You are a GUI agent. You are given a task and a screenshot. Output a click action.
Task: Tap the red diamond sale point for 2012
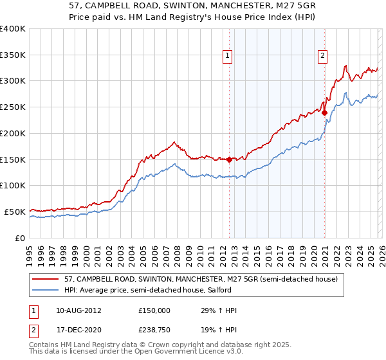pos(229,159)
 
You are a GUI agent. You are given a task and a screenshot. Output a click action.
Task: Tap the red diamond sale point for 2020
pos(325,113)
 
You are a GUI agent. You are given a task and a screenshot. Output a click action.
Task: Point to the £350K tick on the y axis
pos(13,55)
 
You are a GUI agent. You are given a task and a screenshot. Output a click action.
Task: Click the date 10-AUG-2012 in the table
pos(79,310)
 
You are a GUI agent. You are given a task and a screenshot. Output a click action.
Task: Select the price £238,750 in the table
pos(154,331)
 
